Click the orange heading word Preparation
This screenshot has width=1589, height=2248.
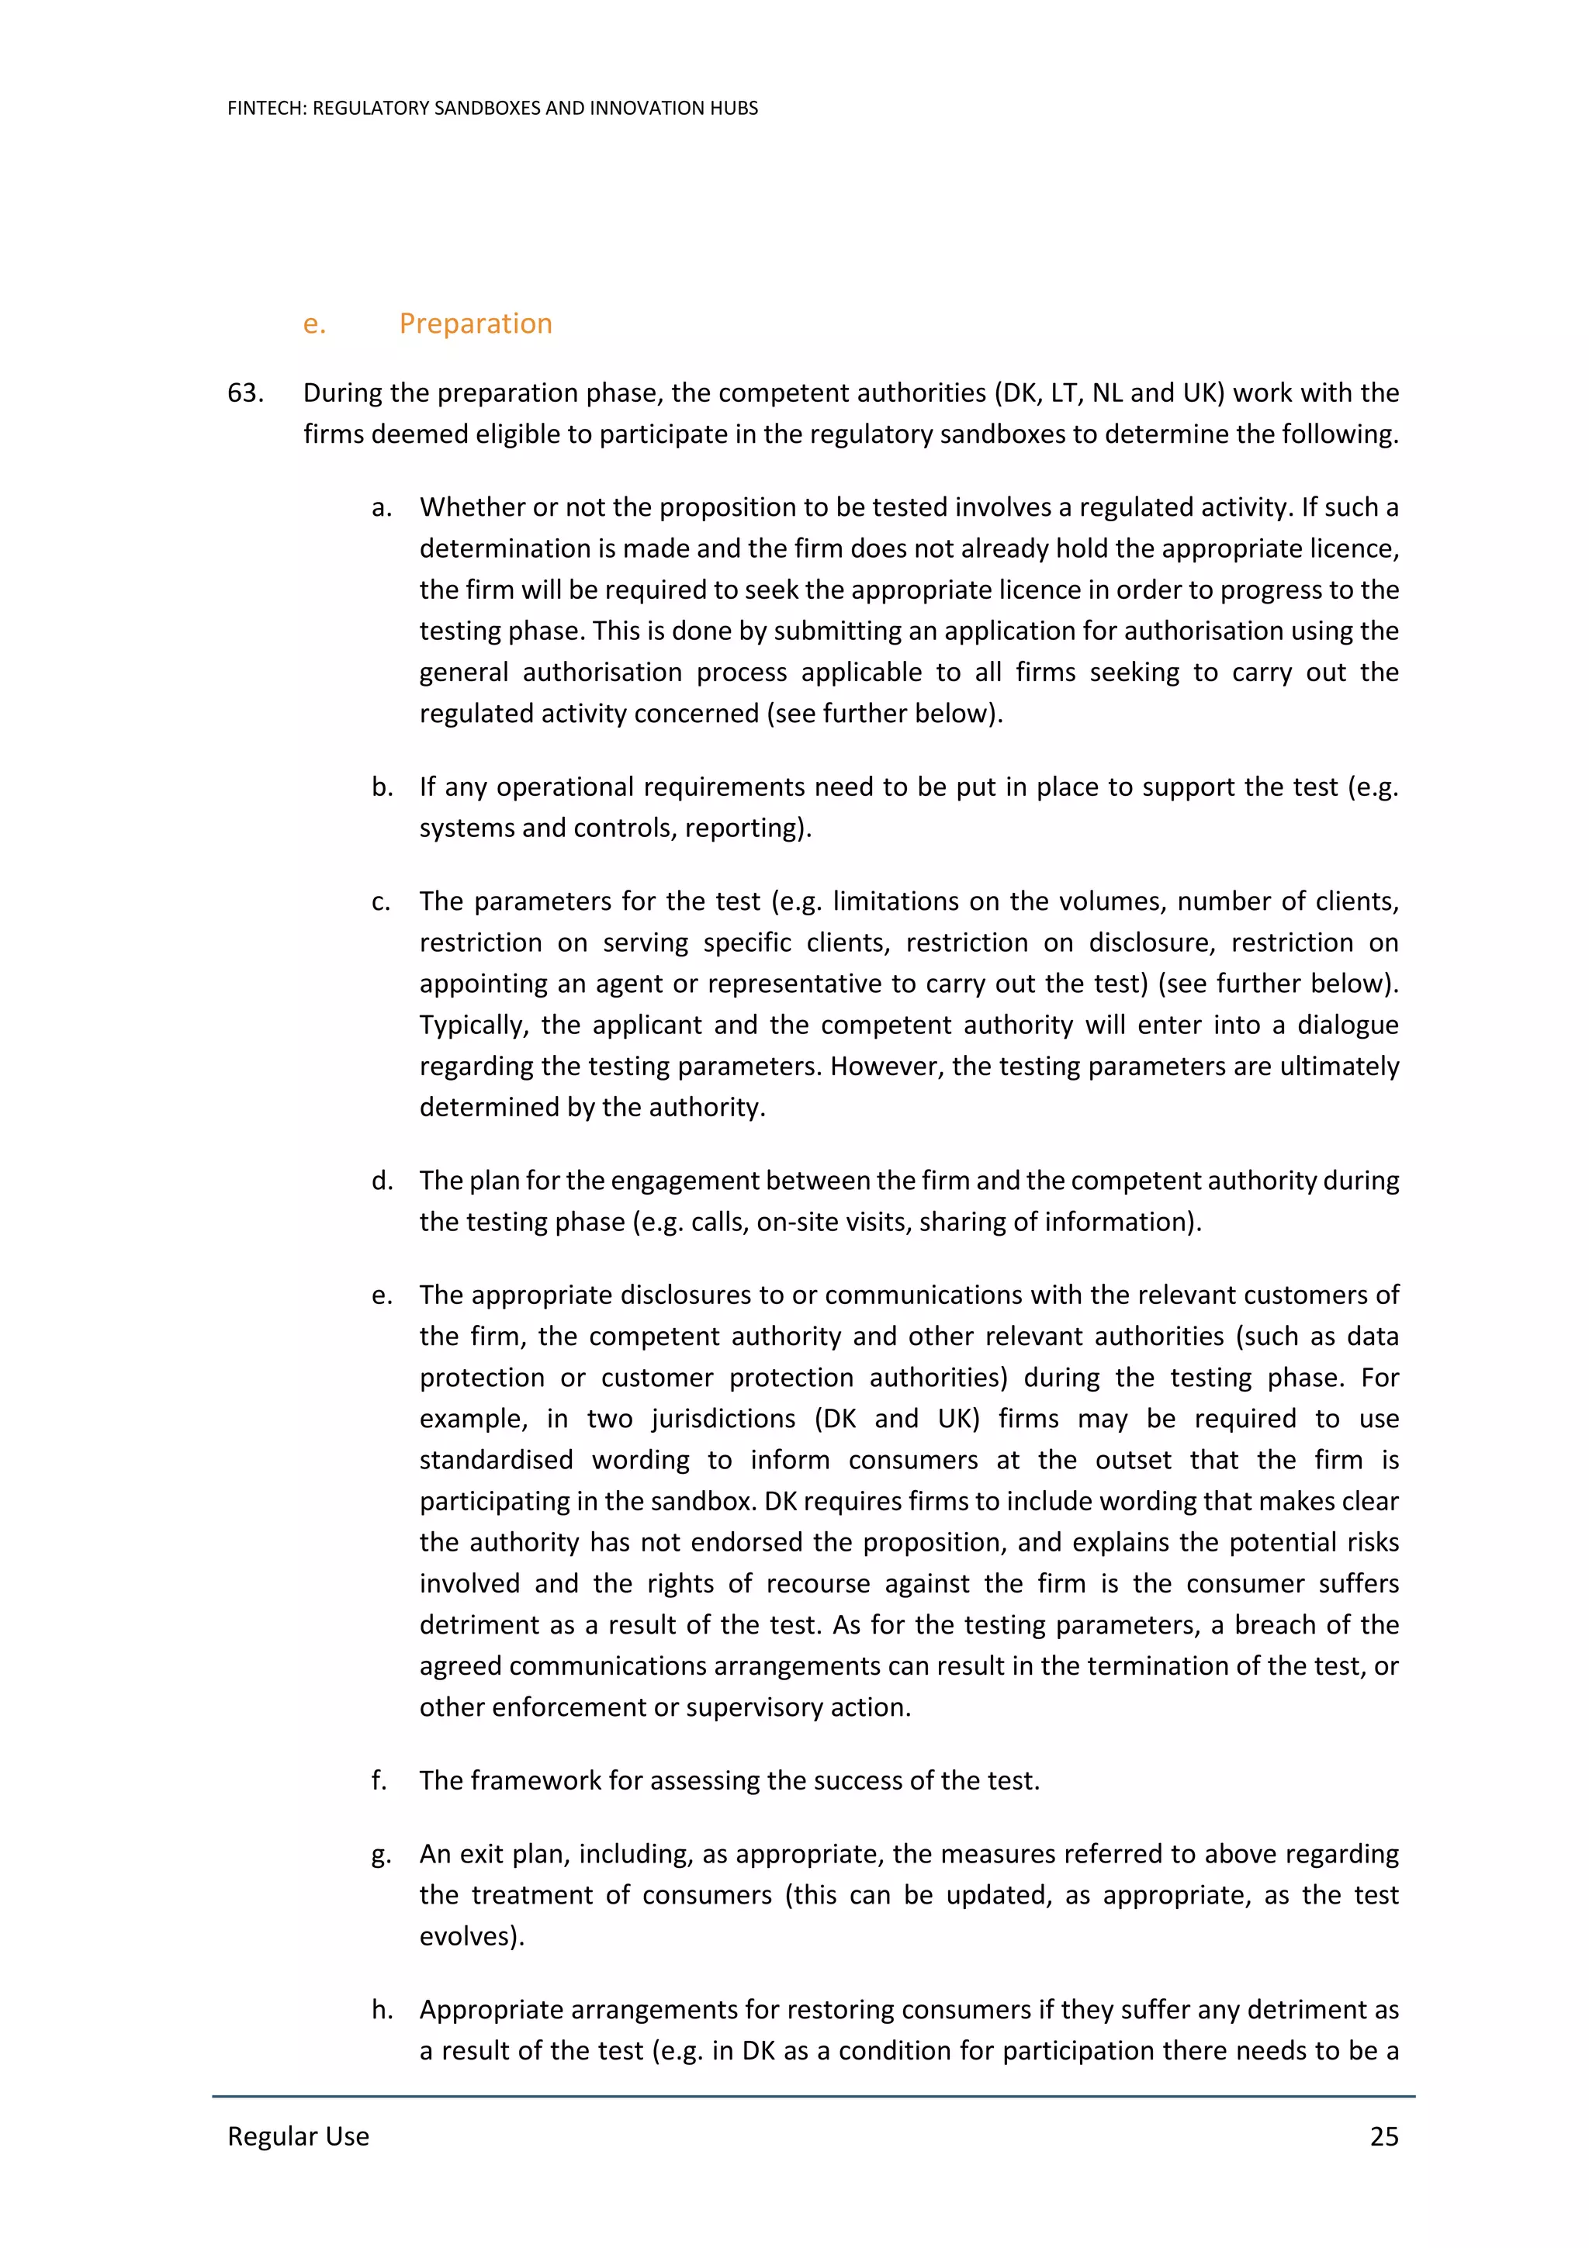[475, 323]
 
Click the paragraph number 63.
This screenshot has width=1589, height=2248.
[244, 393]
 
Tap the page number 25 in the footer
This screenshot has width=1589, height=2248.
[1383, 2136]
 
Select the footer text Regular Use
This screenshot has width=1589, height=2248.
[298, 2136]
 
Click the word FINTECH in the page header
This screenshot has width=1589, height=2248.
[265, 108]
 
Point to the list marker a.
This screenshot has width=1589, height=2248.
[381, 507]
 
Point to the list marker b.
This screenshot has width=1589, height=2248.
[381, 787]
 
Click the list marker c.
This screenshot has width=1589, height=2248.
[380, 901]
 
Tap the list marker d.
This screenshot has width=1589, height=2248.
[381, 1180]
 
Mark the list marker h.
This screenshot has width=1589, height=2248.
[381, 2009]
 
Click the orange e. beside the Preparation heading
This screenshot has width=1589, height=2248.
[313, 323]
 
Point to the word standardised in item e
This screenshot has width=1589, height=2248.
[497, 1459]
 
